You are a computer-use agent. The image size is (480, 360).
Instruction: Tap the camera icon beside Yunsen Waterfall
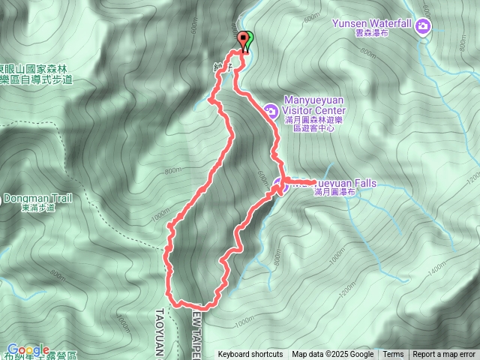pos(424,28)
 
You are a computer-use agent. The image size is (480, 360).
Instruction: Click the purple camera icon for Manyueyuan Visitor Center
pos(270,112)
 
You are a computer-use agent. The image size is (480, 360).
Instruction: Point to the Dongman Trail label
pos(37,199)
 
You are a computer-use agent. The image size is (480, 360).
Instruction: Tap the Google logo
pos(28,349)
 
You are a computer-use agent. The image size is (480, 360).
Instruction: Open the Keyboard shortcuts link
pos(250,355)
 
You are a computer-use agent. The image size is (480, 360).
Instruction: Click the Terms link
pos(393,355)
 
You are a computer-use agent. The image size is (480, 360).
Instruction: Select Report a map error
pos(444,355)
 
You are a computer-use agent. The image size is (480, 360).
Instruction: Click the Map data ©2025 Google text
pos(332,355)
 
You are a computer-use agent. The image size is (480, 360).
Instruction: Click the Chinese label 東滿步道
pos(37,208)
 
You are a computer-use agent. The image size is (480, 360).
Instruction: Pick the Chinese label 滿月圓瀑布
pos(335,193)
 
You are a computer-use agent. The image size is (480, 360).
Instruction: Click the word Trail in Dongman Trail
pos(59,199)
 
